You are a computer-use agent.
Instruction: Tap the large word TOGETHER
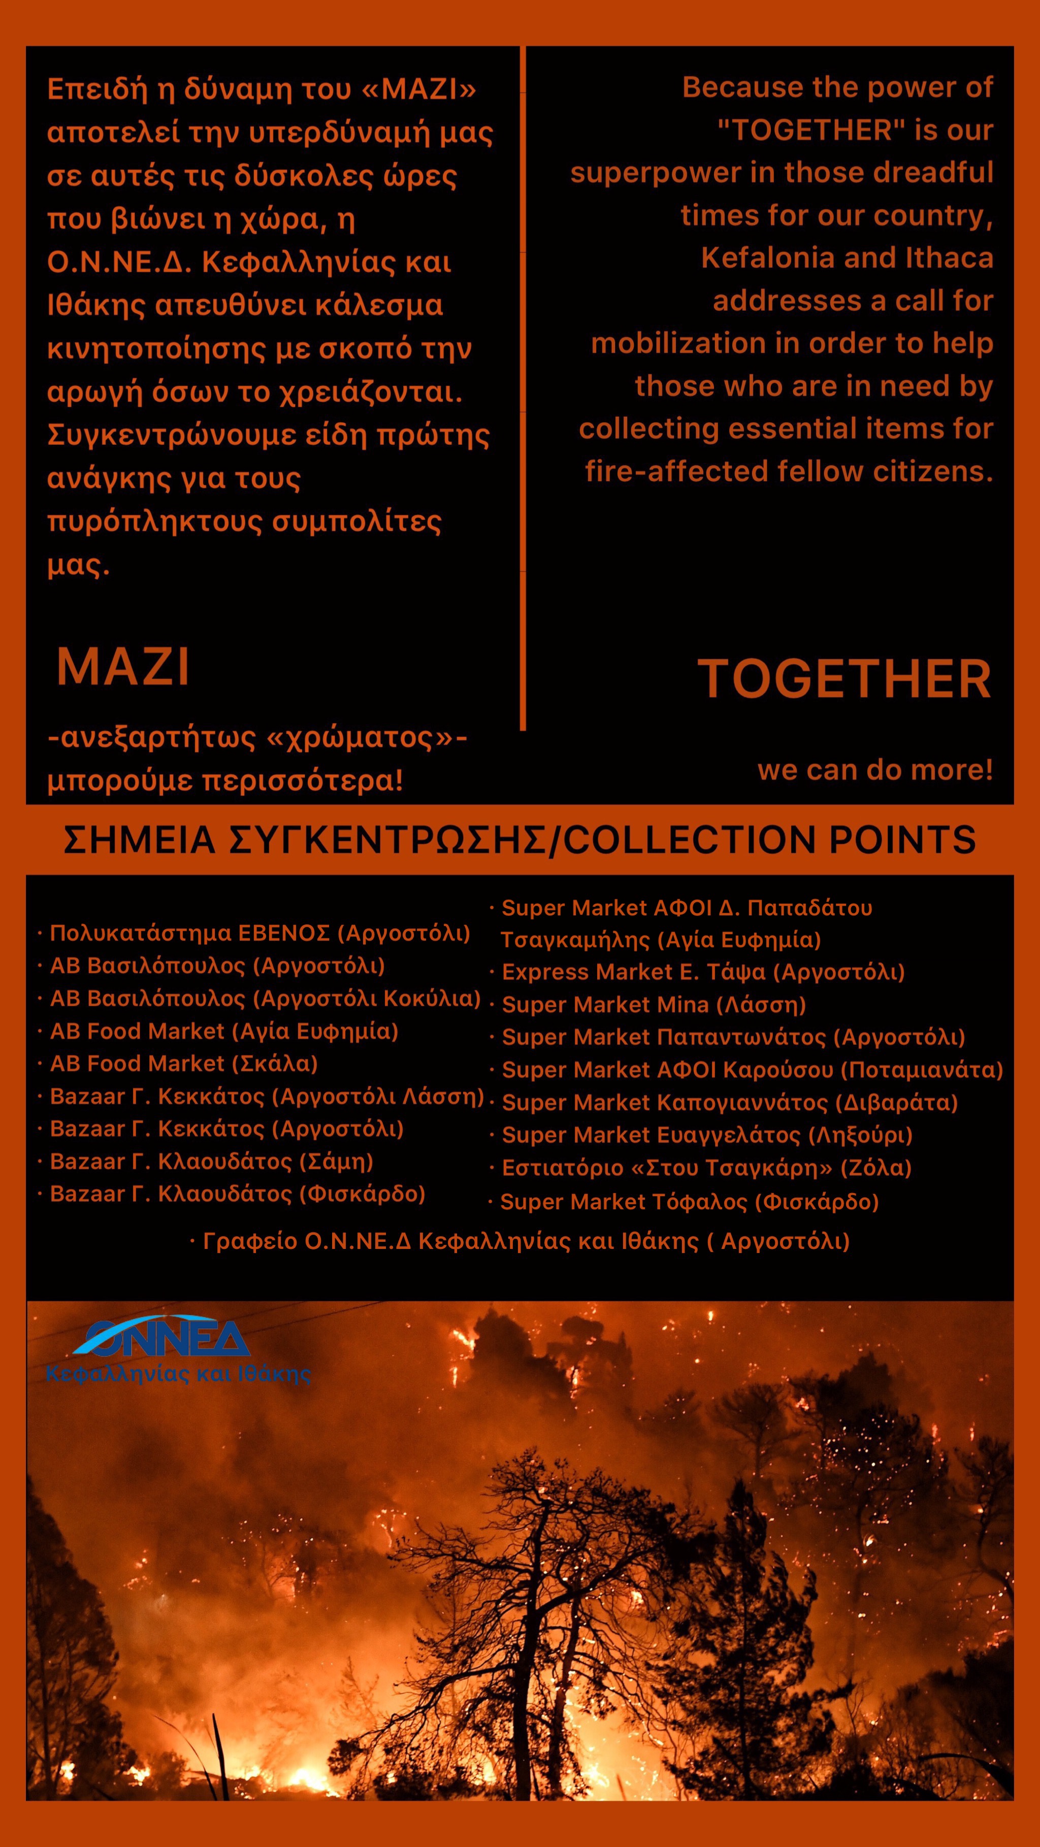(x=844, y=679)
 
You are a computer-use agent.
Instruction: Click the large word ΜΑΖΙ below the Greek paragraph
(x=123, y=667)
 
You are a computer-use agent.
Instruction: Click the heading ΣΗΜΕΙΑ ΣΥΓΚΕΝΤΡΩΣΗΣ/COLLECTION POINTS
(x=519, y=840)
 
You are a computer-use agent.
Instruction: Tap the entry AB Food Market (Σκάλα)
(x=184, y=1063)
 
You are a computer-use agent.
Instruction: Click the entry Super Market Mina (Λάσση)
(x=654, y=1005)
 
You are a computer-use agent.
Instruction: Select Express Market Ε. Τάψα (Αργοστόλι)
(x=703, y=972)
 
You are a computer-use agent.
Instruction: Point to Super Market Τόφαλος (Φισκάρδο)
(x=689, y=1202)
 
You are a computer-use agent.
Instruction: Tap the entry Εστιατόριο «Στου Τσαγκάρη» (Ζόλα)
(x=706, y=1168)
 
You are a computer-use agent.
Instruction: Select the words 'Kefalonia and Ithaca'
(x=847, y=258)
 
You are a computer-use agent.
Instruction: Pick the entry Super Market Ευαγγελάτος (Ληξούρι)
(x=706, y=1135)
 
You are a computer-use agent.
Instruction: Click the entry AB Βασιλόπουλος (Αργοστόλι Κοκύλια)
(x=265, y=998)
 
